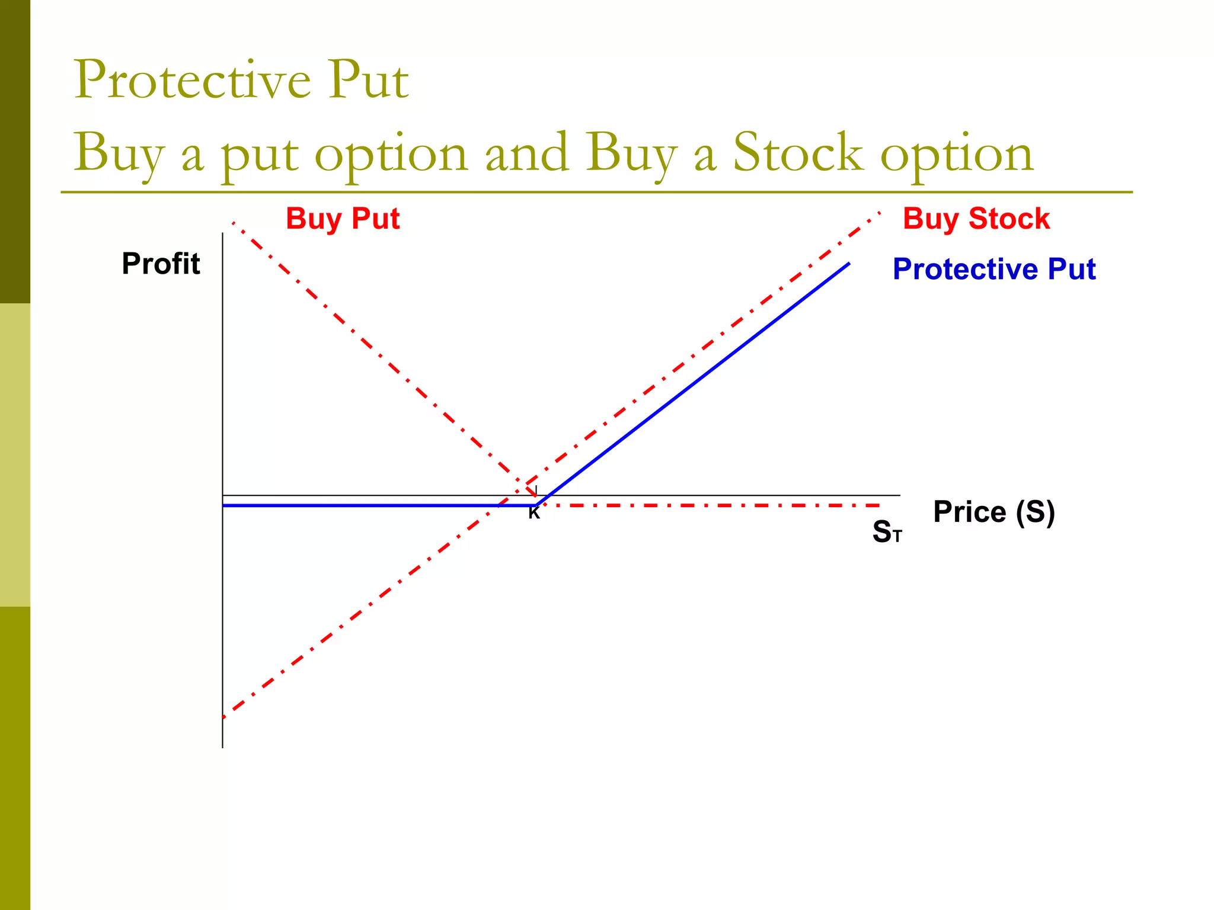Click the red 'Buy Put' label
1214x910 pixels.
pos(343,219)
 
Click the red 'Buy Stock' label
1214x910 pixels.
pos(976,219)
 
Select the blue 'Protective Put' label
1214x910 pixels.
pos(994,269)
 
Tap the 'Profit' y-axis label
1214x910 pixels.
pos(161,264)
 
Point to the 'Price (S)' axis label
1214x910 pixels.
pos(993,512)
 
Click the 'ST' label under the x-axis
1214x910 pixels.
pos(886,531)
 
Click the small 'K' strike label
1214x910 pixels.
pos(534,514)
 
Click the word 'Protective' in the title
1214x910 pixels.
pos(192,80)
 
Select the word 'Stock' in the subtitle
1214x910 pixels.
pos(798,153)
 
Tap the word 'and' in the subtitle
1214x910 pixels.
pos(526,153)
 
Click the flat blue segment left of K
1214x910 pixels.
pos(368,505)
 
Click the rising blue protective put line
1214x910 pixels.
pos(694,385)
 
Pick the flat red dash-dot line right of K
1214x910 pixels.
pos(711,505)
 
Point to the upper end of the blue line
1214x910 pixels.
pos(849,264)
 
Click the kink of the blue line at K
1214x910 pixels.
pos(536,505)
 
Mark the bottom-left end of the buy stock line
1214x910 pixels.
pos(224,717)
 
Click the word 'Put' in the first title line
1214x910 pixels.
pos(369,80)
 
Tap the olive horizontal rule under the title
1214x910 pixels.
pos(593,192)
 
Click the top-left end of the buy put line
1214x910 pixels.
pos(234,223)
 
